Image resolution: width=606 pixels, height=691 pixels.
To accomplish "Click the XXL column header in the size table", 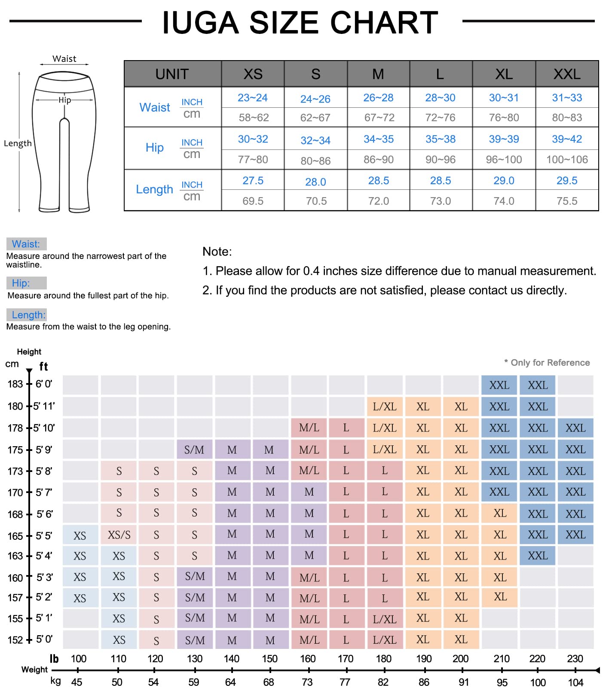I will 566,74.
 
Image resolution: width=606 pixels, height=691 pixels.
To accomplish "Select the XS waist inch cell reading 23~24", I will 253,98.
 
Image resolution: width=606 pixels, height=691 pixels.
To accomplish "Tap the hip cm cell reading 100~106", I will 566,160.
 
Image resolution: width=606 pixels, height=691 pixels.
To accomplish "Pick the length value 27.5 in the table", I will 253,181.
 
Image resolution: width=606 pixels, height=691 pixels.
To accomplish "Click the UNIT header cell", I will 172,74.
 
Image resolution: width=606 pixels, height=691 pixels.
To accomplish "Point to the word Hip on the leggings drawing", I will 64,100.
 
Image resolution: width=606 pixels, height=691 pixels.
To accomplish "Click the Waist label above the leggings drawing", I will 64,59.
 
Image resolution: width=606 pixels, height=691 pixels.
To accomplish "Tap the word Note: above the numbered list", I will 217,252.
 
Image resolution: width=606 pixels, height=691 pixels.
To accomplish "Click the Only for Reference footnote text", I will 549,363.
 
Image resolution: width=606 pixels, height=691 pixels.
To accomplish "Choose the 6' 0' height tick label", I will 44,384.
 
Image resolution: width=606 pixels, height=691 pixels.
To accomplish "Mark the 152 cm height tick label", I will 15,640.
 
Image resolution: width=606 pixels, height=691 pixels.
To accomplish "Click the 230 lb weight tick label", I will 575,659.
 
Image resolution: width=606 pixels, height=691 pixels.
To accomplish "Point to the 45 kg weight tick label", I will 77,682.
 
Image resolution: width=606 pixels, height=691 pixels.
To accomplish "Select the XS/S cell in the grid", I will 119,535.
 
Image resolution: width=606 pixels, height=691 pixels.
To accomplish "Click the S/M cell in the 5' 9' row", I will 194,450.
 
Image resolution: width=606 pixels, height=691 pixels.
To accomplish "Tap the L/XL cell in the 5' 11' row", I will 385,407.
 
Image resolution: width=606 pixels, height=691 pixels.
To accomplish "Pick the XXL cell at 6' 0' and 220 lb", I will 537,385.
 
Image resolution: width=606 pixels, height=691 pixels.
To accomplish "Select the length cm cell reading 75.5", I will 566,201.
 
